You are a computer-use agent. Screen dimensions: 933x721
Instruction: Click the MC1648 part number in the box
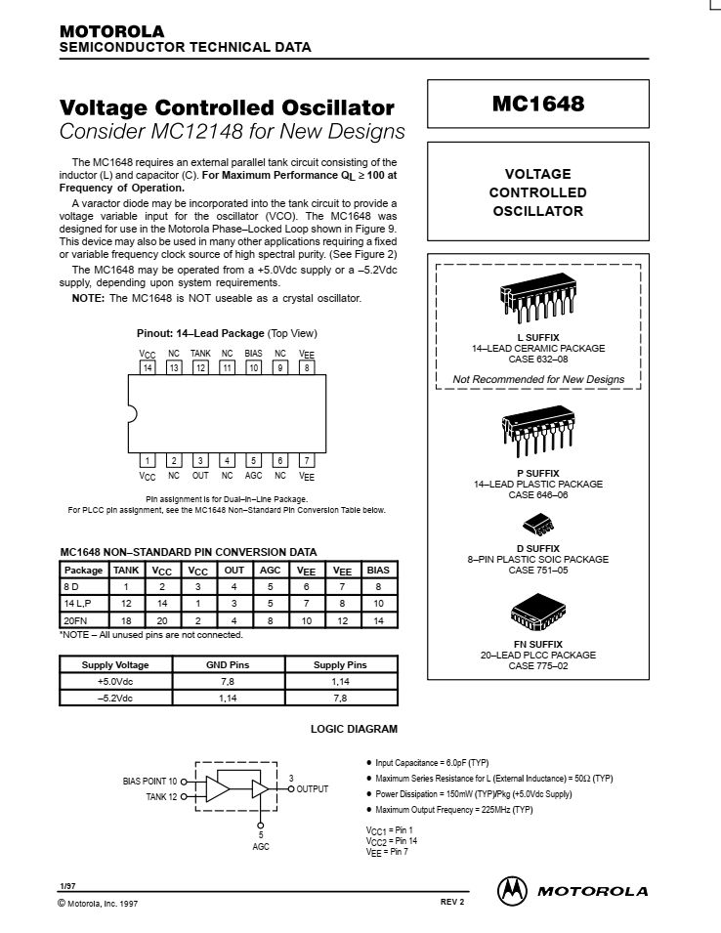537,105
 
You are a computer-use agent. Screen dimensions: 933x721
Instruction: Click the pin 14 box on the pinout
148,367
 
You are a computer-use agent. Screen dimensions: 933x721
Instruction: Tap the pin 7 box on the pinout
307,460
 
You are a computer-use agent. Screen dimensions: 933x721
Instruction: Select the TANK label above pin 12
200,354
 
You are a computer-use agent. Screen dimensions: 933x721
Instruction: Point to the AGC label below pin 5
253,476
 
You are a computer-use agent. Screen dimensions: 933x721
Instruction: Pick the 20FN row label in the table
75,619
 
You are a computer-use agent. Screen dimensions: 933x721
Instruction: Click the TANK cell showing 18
126,619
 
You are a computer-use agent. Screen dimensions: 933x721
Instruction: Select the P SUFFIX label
537,473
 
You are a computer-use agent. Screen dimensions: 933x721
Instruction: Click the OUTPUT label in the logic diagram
313,788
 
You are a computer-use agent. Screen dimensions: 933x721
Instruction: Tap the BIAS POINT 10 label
150,782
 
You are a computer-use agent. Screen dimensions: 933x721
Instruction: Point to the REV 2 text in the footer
452,901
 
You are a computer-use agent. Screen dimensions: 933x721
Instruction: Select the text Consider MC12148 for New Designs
233,131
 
